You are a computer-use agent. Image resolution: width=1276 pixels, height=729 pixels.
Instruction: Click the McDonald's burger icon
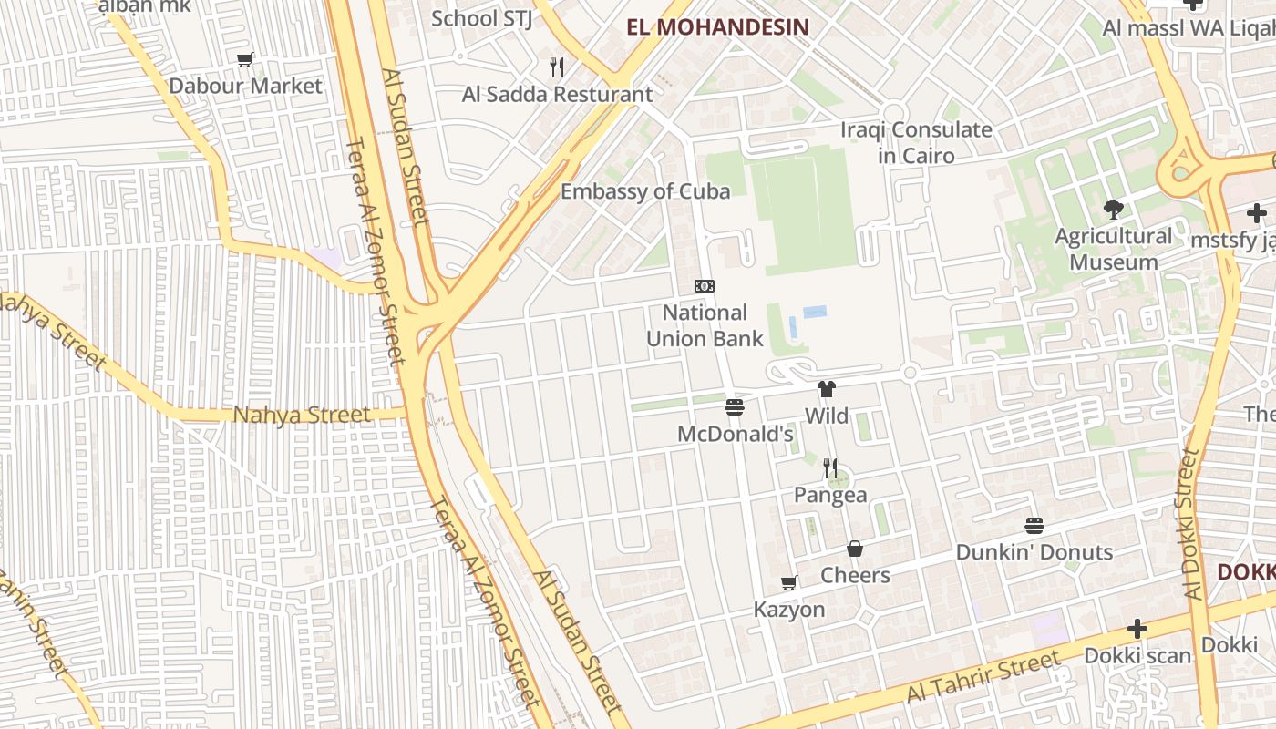[735, 406]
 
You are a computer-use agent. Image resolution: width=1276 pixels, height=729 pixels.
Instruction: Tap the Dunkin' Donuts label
[1034, 552]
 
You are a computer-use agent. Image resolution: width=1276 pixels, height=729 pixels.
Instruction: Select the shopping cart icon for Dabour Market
[244, 60]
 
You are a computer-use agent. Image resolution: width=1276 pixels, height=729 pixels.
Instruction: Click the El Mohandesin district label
[718, 26]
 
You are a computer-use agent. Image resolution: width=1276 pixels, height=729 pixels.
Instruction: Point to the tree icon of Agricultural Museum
[1113, 210]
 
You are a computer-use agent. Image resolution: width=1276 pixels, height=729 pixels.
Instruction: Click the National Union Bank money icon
[704, 286]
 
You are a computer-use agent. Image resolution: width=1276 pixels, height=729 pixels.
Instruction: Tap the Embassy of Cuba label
[644, 191]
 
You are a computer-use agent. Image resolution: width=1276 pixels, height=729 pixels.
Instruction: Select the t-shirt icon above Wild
[827, 389]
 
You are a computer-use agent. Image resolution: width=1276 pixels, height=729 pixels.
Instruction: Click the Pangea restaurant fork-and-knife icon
[829, 468]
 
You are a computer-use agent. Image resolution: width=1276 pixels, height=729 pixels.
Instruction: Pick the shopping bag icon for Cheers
[855, 549]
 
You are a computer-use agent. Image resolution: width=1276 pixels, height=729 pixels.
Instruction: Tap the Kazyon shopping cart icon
[788, 583]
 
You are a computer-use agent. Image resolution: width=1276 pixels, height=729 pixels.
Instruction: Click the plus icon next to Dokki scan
[1137, 629]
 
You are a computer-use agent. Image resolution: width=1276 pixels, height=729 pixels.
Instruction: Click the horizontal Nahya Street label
[302, 415]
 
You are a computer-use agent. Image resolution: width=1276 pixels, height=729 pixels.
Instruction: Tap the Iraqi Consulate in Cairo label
[915, 142]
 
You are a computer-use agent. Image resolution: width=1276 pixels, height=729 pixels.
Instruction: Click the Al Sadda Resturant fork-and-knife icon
[557, 67]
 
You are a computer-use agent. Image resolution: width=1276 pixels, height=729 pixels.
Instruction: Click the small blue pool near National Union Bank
[815, 312]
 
